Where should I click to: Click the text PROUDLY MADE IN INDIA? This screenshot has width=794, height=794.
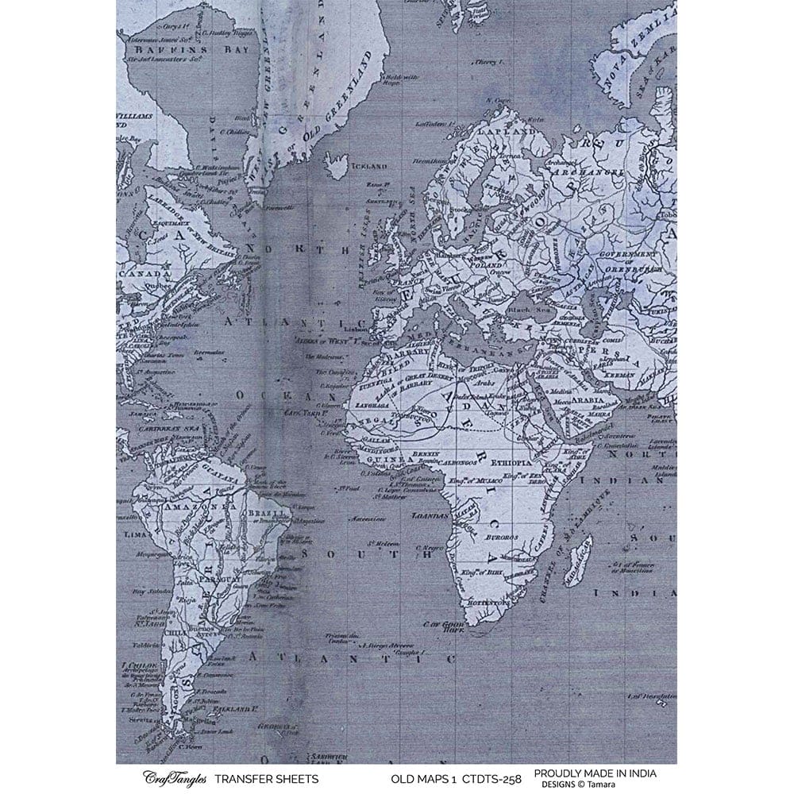pyautogui.click(x=595, y=773)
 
